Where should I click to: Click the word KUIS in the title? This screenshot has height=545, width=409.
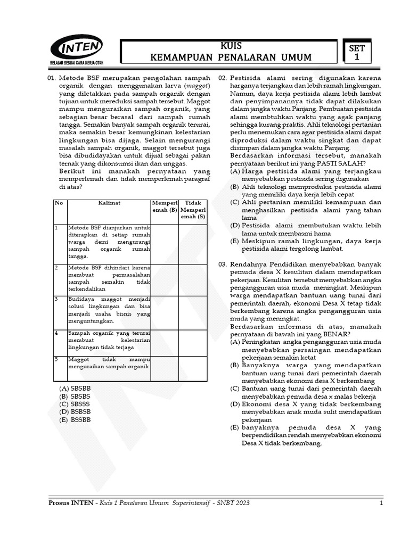pos(231,46)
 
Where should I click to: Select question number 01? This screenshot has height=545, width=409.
pos(52,78)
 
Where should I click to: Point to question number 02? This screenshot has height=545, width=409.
pos(223,78)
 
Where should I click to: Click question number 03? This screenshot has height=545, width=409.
pos(223,264)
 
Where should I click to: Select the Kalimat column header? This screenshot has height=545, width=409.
pos(109,203)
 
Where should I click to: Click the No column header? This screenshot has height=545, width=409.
pos(59,203)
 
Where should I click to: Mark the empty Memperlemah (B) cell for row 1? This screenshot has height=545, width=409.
pos(165,244)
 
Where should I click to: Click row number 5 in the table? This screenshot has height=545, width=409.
pos(56,359)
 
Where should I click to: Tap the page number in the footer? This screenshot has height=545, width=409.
pos(381,503)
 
